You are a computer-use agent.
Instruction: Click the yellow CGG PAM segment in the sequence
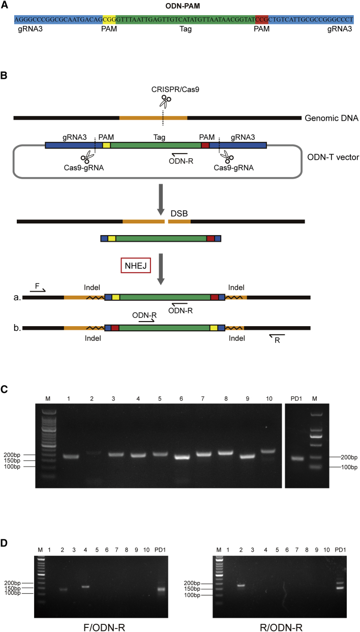click(109, 19)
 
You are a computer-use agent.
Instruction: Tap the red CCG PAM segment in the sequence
click(261, 19)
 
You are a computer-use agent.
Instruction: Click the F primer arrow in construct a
click(38, 290)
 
